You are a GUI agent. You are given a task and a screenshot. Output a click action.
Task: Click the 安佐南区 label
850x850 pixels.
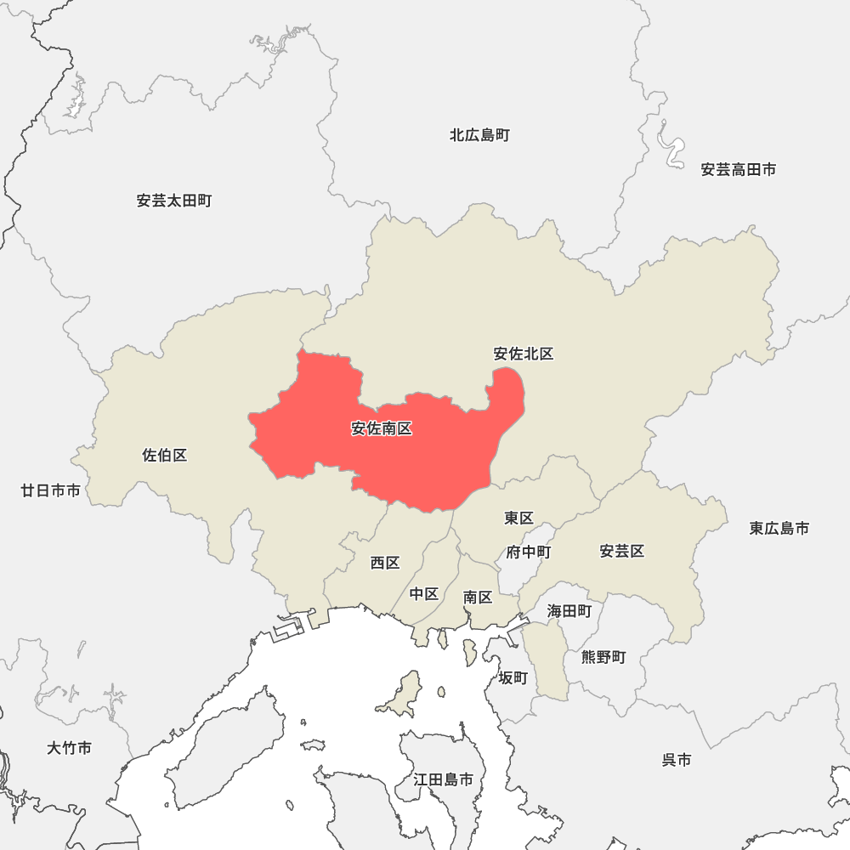click(x=382, y=429)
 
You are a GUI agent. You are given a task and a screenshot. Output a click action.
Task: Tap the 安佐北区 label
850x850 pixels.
click(x=524, y=354)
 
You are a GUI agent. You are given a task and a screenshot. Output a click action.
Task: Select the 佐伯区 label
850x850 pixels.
click(x=165, y=456)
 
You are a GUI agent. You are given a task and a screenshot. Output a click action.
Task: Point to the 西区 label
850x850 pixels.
click(x=385, y=563)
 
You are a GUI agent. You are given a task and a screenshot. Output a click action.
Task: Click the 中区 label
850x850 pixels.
click(x=424, y=594)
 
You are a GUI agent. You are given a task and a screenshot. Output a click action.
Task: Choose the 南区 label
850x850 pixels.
click(x=478, y=598)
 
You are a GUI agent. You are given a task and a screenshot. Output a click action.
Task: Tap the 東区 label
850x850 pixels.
click(x=518, y=518)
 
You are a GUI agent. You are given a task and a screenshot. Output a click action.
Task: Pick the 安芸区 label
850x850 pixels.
click(x=622, y=552)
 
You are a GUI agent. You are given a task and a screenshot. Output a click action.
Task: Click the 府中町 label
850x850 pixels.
click(x=529, y=552)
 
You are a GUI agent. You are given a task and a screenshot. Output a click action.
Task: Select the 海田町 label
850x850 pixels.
click(x=569, y=610)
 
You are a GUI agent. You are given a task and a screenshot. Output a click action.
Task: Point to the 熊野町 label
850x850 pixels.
click(x=603, y=657)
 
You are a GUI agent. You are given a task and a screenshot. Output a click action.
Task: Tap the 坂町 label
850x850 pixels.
click(x=513, y=677)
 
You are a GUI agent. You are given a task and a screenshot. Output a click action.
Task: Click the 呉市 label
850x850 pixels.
click(x=677, y=760)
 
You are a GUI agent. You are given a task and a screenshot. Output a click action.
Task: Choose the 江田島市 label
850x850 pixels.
click(x=444, y=779)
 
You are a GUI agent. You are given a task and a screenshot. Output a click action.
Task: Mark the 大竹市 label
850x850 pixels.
click(x=70, y=748)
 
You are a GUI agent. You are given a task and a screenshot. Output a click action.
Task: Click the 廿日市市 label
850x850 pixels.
click(x=51, y=490)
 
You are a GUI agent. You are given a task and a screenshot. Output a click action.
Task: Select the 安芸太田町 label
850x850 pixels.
click(x=174, y=201)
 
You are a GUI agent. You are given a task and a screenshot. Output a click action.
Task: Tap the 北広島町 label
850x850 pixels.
click(x=480, y=135)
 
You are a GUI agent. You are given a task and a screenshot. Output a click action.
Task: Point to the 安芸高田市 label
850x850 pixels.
click(x=739, y=170)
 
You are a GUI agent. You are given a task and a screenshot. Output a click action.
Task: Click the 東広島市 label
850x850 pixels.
click(x=779, y=529)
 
